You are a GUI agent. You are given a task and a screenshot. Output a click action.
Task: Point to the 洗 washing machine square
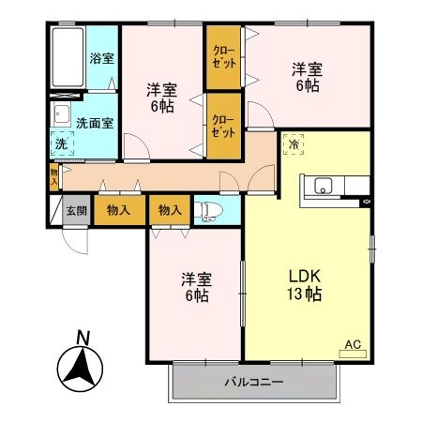tap(60, 145)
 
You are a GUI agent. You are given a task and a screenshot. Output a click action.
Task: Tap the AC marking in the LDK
tap(354, 344)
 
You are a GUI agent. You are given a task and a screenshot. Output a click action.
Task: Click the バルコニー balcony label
tap(252, 383)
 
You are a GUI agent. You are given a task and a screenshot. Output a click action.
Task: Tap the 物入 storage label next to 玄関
tap(119, 210)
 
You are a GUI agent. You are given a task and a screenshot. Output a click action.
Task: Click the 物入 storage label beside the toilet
tap(170, 210)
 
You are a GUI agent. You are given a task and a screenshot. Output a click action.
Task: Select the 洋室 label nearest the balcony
tap(196, 287)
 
